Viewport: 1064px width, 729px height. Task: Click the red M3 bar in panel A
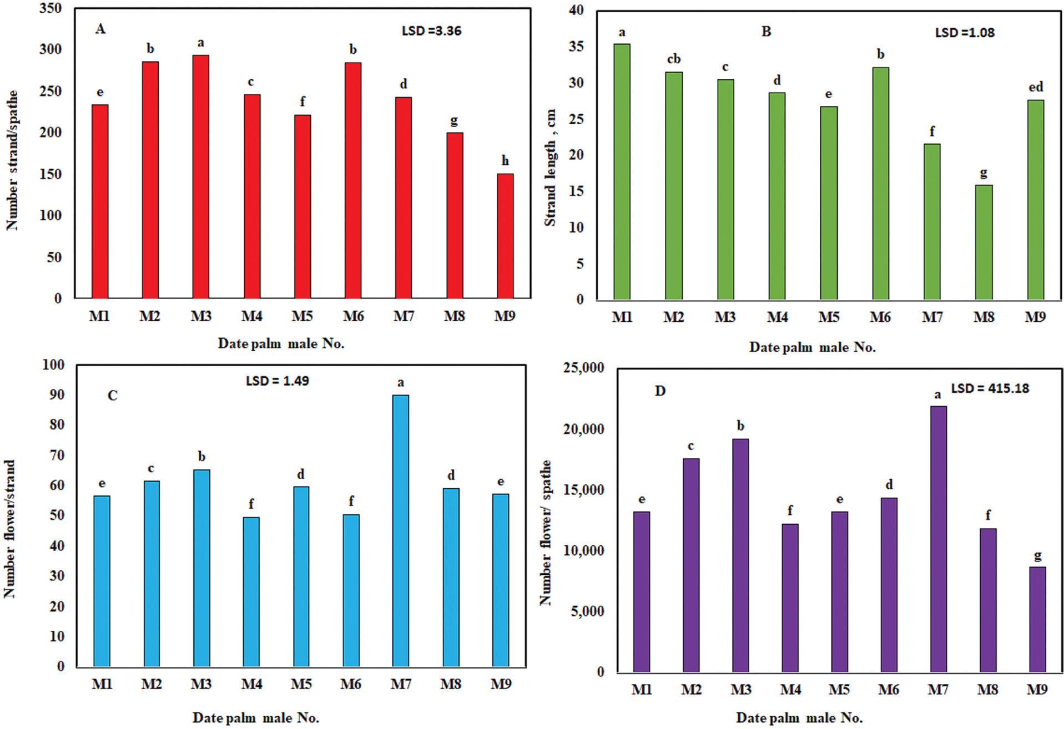click(201, 176)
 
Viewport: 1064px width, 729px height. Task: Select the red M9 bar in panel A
click(505, 236)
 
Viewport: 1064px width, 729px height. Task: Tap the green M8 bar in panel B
click(984, 242)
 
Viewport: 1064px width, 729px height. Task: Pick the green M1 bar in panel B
click(622, 171)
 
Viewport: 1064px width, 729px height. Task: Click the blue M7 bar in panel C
click(401, 530)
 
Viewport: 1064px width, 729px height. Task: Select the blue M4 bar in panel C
click(251, 591)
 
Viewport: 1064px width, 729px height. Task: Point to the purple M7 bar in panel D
click(938, 539)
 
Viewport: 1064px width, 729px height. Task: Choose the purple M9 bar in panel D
click(1037, 619)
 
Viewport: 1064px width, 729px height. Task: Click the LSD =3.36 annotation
click(431, 31)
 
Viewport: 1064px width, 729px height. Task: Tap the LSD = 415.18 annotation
click(990, 388)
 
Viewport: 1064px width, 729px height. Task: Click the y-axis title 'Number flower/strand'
click(9, 529)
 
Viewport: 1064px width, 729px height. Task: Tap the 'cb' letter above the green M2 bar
click(673, 59)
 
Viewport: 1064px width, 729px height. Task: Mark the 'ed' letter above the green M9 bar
click(1036, 87)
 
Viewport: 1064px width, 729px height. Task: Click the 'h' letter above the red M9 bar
click(505, 161)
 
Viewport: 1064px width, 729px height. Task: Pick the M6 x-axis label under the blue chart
click(351, 685)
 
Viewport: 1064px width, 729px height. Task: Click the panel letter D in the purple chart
click(660, 391)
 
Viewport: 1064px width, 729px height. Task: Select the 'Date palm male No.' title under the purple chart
click(799, 718)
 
